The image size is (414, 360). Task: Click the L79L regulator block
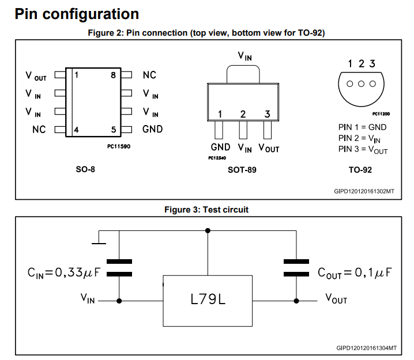208,301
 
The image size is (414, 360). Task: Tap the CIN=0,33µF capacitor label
64,272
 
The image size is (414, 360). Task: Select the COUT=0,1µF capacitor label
355,272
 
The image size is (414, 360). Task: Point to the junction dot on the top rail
208,231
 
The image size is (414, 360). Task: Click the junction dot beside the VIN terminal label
119,301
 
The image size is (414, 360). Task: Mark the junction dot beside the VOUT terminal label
296,301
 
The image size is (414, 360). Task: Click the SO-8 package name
85,169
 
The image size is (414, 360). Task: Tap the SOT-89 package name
242,170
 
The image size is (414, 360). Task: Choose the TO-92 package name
360,170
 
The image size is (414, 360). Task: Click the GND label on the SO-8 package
153,129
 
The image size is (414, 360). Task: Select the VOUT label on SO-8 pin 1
36,76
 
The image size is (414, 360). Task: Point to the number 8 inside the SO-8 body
113,75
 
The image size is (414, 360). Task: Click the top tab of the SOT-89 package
243,74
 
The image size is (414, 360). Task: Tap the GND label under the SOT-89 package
220,147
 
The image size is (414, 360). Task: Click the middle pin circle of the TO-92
361,84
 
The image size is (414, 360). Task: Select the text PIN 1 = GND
362,127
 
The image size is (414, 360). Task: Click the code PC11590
119,146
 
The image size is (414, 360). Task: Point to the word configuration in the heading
91,14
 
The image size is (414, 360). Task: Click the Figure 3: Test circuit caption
206,210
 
